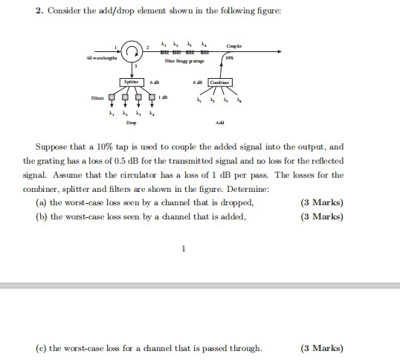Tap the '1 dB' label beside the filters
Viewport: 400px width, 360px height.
pyautogui.click(x=167, y=96)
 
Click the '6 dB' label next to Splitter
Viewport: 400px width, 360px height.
pyautogui.click(x=155, y=81)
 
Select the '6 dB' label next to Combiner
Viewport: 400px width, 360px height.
pyautogui.click(x=199, y=81)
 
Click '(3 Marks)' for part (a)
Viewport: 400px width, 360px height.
pyautogui.click(x=322, y=202)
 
